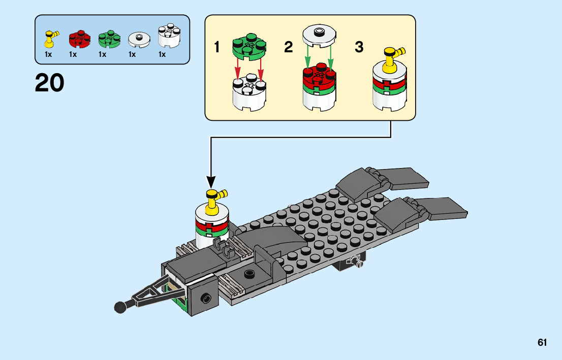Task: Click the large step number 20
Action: (50, 83)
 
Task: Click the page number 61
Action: (542, 343)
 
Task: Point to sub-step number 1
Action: (217, 48)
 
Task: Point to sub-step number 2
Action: (289, 48)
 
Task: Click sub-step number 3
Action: (359, 48)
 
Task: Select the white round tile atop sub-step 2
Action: (319, 35)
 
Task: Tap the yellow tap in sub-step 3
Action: (392, 57)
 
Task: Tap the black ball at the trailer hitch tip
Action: (120, 307)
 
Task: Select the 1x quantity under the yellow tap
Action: (48, 54)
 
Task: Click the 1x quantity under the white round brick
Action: (162, 54)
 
